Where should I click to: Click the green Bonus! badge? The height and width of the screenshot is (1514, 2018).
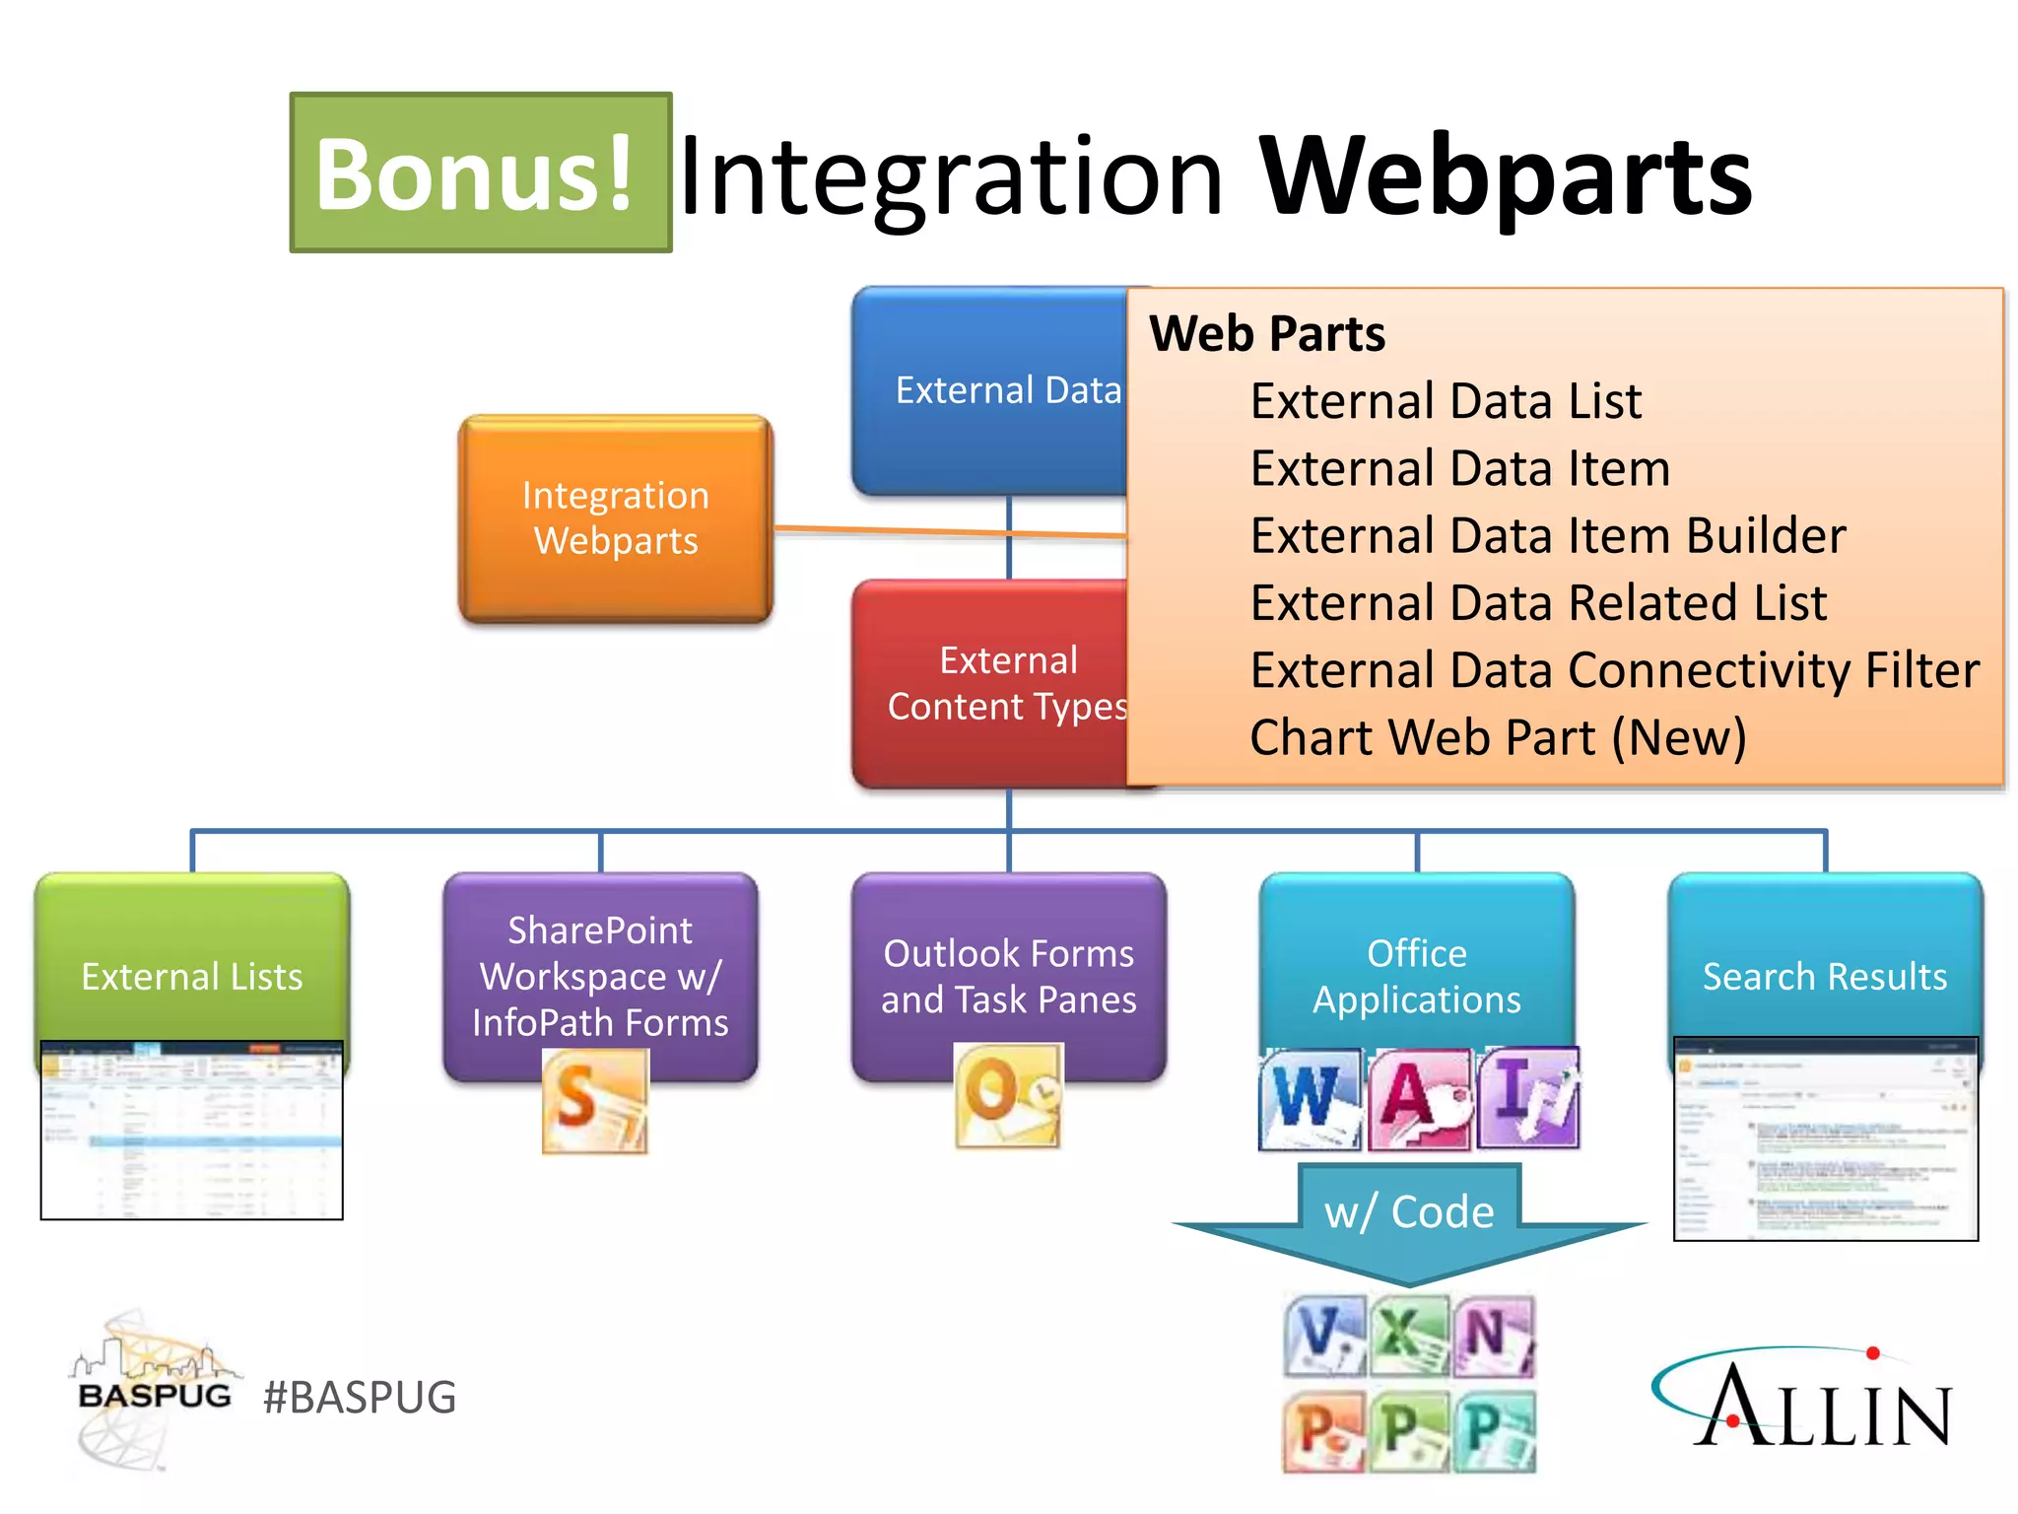click(x=480, y=173)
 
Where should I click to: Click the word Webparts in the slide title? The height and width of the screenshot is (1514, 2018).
click(x=1505, y=175)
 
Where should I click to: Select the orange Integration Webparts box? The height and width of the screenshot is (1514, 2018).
click(x=615, y=518)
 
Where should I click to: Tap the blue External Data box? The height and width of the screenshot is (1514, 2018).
click(x=990, y=390)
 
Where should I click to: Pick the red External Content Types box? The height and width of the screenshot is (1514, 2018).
click(x=990, y=682)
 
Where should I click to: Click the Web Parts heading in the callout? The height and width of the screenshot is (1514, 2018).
click(x=1266, y=333)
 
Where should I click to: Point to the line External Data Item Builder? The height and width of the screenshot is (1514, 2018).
click(x=1547, y=536)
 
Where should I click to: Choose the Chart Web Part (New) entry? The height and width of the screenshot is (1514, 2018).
click(x=1498, y=737)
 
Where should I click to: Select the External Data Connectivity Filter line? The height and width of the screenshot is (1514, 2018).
click(x=1614, y=670)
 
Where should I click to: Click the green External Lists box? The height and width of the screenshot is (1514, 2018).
click(x=191, y=976)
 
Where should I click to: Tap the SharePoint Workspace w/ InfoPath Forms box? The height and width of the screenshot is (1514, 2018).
click(x=600, y=976)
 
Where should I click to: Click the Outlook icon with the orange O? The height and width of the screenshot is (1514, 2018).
click(x=1008, y=1096)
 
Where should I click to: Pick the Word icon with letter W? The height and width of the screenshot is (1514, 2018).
click(x=1310, y=1098)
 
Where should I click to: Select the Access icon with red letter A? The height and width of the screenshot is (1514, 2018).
click(x=1418, y=1098)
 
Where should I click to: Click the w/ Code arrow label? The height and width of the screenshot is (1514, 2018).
click(x=1409, y=1212)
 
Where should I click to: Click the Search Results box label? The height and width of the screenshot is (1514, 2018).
click(x=1825, y=976)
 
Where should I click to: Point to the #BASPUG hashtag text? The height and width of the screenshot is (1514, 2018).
click(x=360, y=1398)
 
